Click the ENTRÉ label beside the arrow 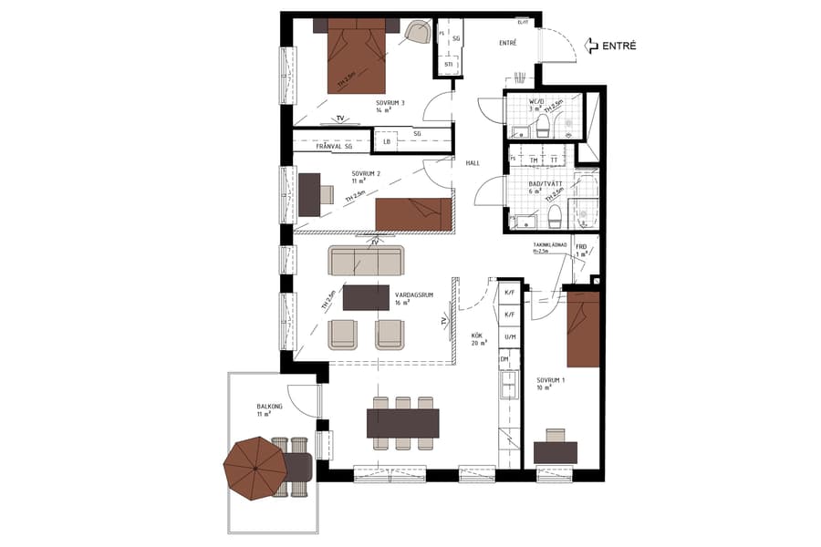click(x=619, y=46)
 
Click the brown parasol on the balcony click(x=255, y=467)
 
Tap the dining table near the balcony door click(x=402, y=422)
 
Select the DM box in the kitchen click(x=504, y=360)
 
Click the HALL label click(x=473, y=163)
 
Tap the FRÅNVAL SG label click(x=333, y=145)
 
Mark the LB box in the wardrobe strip click(x=387, y=142)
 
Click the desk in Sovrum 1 click(x=556, y=451)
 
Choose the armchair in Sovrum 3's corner click(x=419, y=34)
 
